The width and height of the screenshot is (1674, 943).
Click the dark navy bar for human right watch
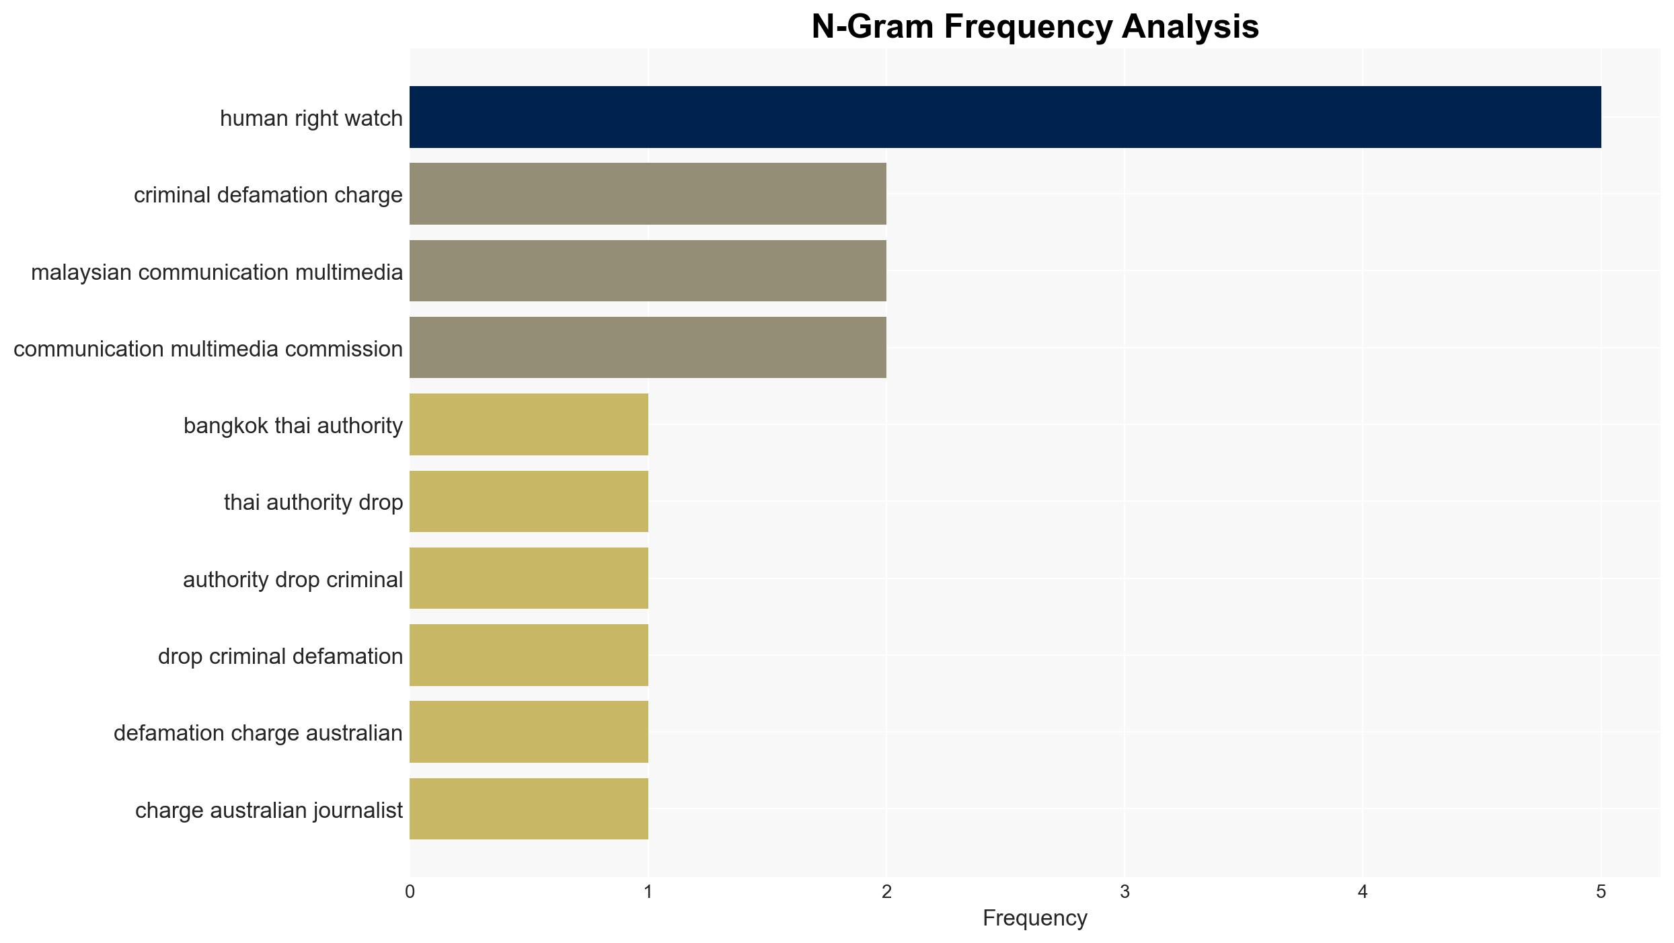click(1005, 117)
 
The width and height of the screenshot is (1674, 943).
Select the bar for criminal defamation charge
click(648, 194)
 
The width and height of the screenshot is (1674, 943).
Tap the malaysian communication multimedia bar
click(648, 270)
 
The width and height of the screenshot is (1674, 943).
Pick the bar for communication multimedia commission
click(648, 347)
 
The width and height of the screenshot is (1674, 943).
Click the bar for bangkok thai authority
click(529, 424)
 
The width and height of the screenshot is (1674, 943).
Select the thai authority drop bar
click(529, 501)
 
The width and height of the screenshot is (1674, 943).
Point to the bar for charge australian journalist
click(529, 808)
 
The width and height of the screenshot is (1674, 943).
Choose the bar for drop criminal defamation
click(529, 655)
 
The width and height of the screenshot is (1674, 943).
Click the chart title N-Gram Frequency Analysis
click(1035, 27)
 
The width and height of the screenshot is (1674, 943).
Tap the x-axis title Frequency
click(1035, 918)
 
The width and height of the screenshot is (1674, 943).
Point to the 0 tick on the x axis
click(410, 892)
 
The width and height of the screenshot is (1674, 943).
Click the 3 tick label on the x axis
click(1125, 892)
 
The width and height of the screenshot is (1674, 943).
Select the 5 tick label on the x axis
click(1601, 892)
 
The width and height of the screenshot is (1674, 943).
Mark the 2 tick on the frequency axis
click(886, 892)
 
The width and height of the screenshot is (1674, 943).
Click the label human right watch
click(311, 118)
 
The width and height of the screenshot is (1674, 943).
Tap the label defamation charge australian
click(258, 733)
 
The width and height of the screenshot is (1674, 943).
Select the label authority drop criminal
click(293, 580)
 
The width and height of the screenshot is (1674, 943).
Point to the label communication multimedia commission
click(208, 349)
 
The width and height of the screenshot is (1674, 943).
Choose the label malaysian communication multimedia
click(217, 272)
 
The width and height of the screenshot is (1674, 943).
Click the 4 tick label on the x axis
click(1363, 892)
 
